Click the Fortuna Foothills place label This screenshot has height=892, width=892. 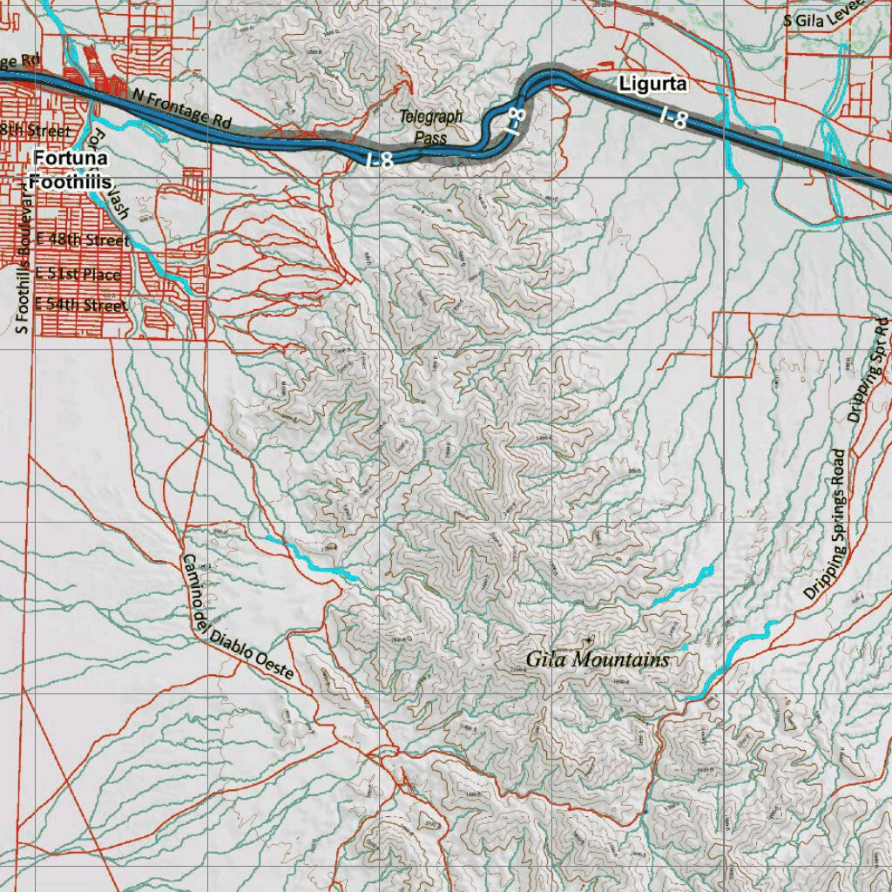pyautogui.click(x=71, y=170)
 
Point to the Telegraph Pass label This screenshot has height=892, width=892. pyautogui.click(x=431, y=126)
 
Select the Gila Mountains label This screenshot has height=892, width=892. pyautogui.click(x=598, y=659)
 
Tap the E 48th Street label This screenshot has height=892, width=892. pyautogui.click(x=83, y=240)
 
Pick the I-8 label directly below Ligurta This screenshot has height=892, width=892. pyautogui.click(x=673, y=118)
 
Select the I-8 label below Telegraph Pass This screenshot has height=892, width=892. pyautogui.click(x=380, y=159)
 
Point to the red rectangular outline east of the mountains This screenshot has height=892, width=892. pyautogui.click(x=733, y=344)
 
